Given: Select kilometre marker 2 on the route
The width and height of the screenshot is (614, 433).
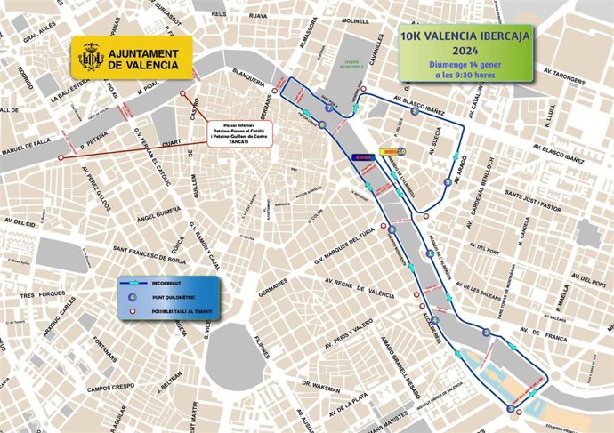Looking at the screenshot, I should pos(486,333).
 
